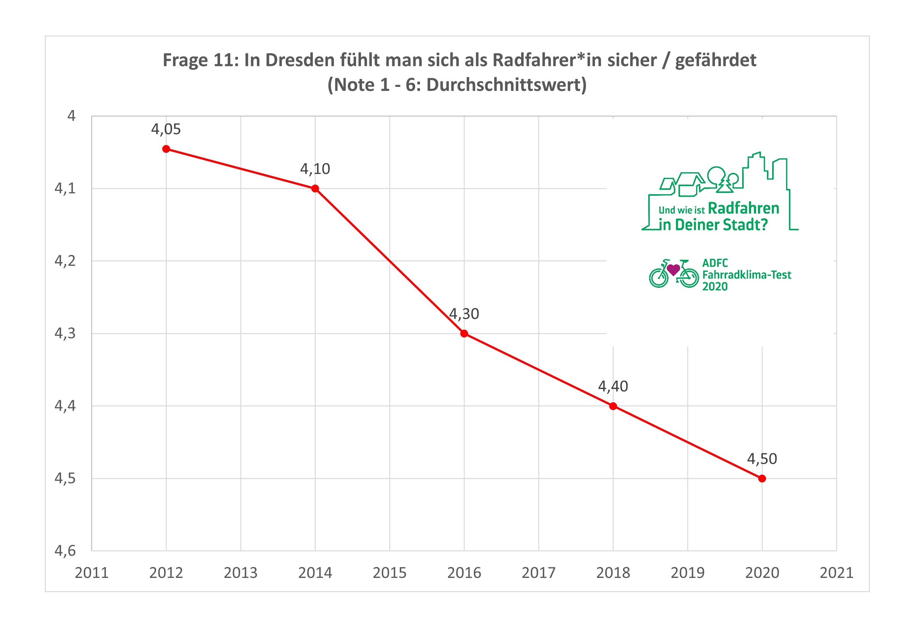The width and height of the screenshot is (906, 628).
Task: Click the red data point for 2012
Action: [x=166, y=149]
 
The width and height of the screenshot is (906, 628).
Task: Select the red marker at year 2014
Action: [x=315, y=189]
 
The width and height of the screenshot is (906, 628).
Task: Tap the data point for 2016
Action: [x=464, y=334]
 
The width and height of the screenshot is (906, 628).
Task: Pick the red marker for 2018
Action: [x=613, y=406]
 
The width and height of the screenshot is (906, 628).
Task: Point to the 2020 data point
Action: [x=762, y=478]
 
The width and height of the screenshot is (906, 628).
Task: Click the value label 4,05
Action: [x=166, y=129]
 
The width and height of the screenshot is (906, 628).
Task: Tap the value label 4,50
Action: [x=762, y=459]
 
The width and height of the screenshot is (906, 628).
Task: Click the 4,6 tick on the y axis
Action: [x=65, y=550]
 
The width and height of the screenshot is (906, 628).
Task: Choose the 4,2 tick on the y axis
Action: [x=65, y=260]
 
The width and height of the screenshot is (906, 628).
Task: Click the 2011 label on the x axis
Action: [x=92, y=573]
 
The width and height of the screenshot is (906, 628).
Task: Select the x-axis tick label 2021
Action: [x=836, y=573]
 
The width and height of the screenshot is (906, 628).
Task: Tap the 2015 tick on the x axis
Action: [x=389, y=573]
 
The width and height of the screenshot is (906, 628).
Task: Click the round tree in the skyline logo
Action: [x=716, y=175]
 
